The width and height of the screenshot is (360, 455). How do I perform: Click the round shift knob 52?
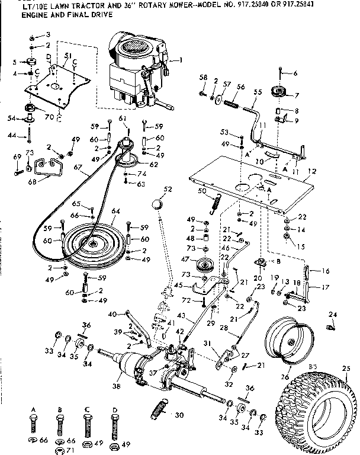pos(156,205)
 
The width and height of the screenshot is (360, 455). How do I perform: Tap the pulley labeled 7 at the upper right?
pos(278,92)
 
